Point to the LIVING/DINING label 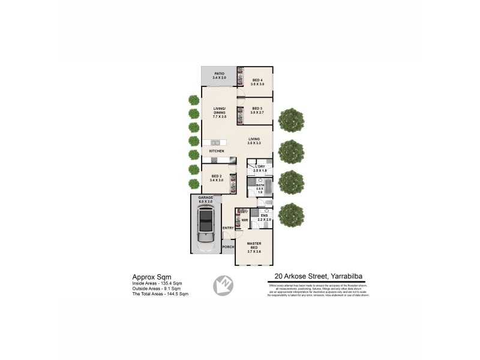tap(219, 111)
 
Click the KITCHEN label tap(217, 151)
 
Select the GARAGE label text tap(206, 199)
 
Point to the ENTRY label tap(227, 228)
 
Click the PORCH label tap(228, 247)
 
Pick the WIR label tap(245, 220)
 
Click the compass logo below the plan tap(222, 284)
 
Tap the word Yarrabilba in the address tap(346, 277)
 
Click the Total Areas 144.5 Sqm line tap(160, 294)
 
